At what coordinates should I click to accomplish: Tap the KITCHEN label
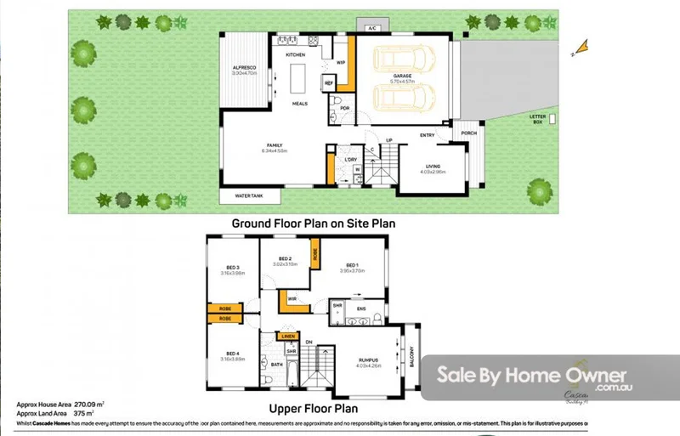point(295,54)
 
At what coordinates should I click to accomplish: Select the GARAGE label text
point(402,76)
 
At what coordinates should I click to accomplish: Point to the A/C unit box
point(371,28)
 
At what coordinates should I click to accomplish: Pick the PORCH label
point(468,133)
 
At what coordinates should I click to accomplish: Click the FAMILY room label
point(276,145)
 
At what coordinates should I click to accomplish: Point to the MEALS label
point(299,104)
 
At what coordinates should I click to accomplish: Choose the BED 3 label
point(232,267)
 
